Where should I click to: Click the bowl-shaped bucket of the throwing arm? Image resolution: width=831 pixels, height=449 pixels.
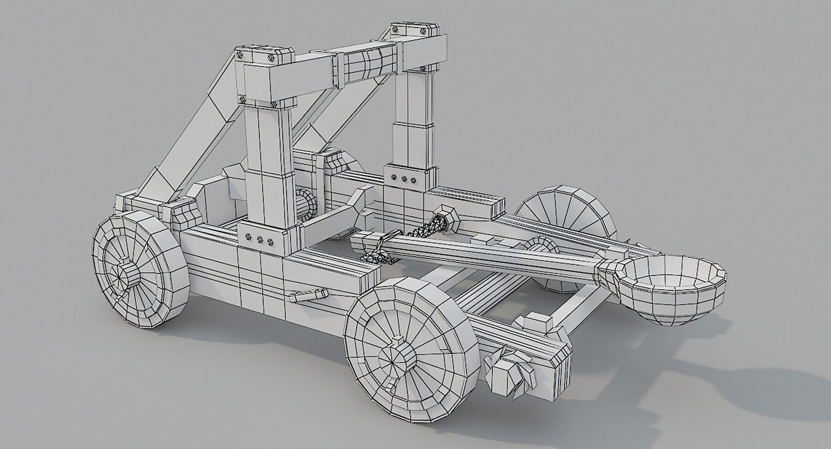672,288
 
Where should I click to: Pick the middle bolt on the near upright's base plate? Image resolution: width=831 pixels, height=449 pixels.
259,239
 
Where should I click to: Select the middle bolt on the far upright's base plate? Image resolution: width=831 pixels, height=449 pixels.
404,178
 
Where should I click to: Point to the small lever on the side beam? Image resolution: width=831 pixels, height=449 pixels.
307,295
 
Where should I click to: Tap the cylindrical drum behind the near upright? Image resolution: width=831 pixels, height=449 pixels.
306,204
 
